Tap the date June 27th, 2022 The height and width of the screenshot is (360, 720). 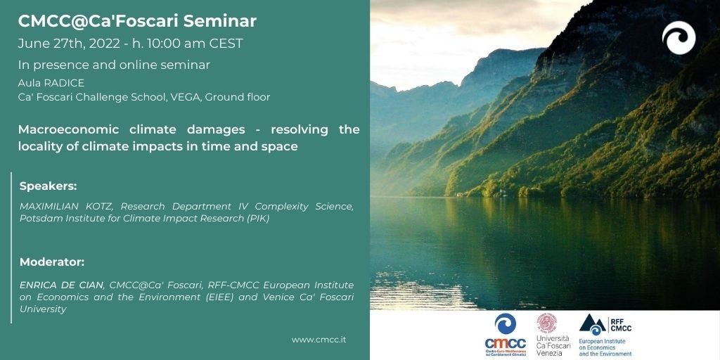click(x=63, y=44)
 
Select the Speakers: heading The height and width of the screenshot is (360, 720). click(x=49, y=186)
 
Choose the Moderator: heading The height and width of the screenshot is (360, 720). click(x=52, y=262)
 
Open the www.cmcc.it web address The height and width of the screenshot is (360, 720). click(x=319, y=340)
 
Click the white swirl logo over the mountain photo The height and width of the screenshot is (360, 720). click(x=679, y=38)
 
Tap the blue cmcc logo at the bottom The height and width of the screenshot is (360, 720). click(x=505, y=335)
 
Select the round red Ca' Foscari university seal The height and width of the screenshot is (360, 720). click(x=547, y=323)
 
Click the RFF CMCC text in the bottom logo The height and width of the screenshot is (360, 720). click(x=621, y=324)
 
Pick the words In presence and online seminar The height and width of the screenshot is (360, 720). click(x=114, y=65)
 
